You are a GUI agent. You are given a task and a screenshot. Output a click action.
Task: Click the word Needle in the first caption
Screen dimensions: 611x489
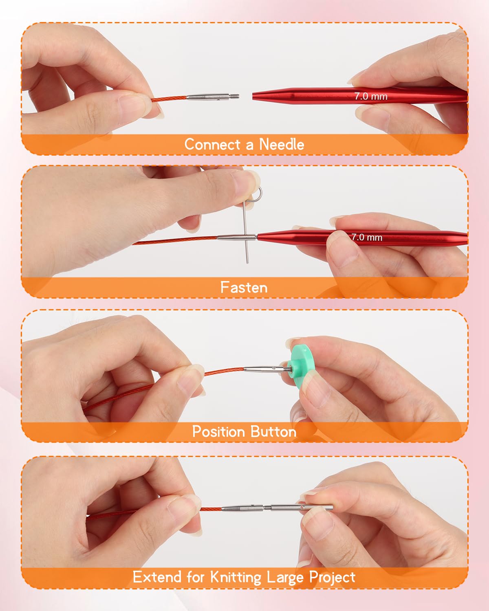click(282, 145)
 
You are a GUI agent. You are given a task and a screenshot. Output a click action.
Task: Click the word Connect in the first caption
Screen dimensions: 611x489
click(212, 145)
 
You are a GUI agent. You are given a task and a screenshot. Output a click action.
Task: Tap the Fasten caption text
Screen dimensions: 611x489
click(244, 288)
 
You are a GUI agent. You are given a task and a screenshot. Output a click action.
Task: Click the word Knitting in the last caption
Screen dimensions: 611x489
click(235, 577)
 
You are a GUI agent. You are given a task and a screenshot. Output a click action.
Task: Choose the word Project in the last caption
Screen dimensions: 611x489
click(332, 577)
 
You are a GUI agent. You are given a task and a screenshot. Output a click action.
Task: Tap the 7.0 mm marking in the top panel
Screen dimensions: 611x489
click(370, 97)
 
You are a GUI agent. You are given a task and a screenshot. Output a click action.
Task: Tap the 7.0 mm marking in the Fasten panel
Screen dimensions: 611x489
click(367, 237)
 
